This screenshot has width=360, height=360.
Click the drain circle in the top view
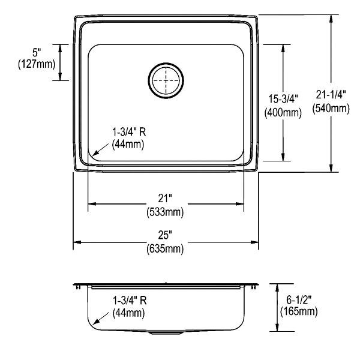coord(166,62)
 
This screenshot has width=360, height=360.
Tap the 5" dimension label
coord(37,53)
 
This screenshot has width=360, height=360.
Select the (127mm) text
coord(37,64)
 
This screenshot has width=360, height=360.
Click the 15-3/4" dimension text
coord(283,99)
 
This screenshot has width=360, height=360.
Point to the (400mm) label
coord(283,113)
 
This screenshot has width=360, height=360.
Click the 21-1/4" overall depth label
coord(331,94)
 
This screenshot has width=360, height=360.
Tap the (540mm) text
coord(331,108)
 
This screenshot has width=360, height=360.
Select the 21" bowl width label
coord(166,199)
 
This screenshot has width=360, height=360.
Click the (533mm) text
coord(166,212)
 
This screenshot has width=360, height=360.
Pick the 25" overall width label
coord(166,235)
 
